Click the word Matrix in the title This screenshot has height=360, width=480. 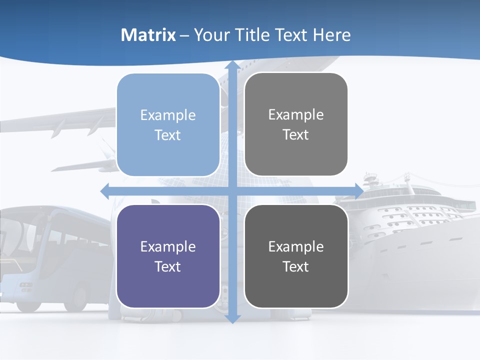148,35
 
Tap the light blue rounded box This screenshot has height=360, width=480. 168,124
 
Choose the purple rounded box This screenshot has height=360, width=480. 168,256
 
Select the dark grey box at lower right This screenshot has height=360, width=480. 296,256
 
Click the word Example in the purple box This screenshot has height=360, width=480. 168,246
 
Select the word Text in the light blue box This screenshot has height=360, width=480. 168,135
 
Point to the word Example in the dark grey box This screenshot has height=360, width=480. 296,246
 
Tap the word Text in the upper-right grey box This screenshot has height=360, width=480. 296,134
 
